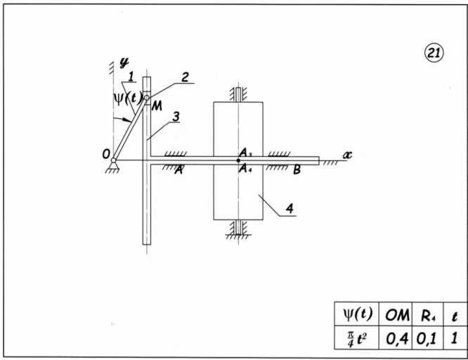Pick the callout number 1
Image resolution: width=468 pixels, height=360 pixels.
131,76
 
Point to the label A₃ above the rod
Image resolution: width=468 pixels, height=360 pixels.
245,153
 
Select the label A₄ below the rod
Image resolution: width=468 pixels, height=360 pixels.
245,168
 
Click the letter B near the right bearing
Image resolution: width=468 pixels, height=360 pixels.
297,169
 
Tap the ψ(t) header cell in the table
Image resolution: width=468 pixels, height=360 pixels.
356,315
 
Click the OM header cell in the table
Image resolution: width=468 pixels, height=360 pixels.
397,315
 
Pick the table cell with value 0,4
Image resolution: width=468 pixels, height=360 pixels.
397,338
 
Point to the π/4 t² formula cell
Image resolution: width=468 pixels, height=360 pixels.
356,338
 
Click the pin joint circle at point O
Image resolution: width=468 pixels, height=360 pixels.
114,161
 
